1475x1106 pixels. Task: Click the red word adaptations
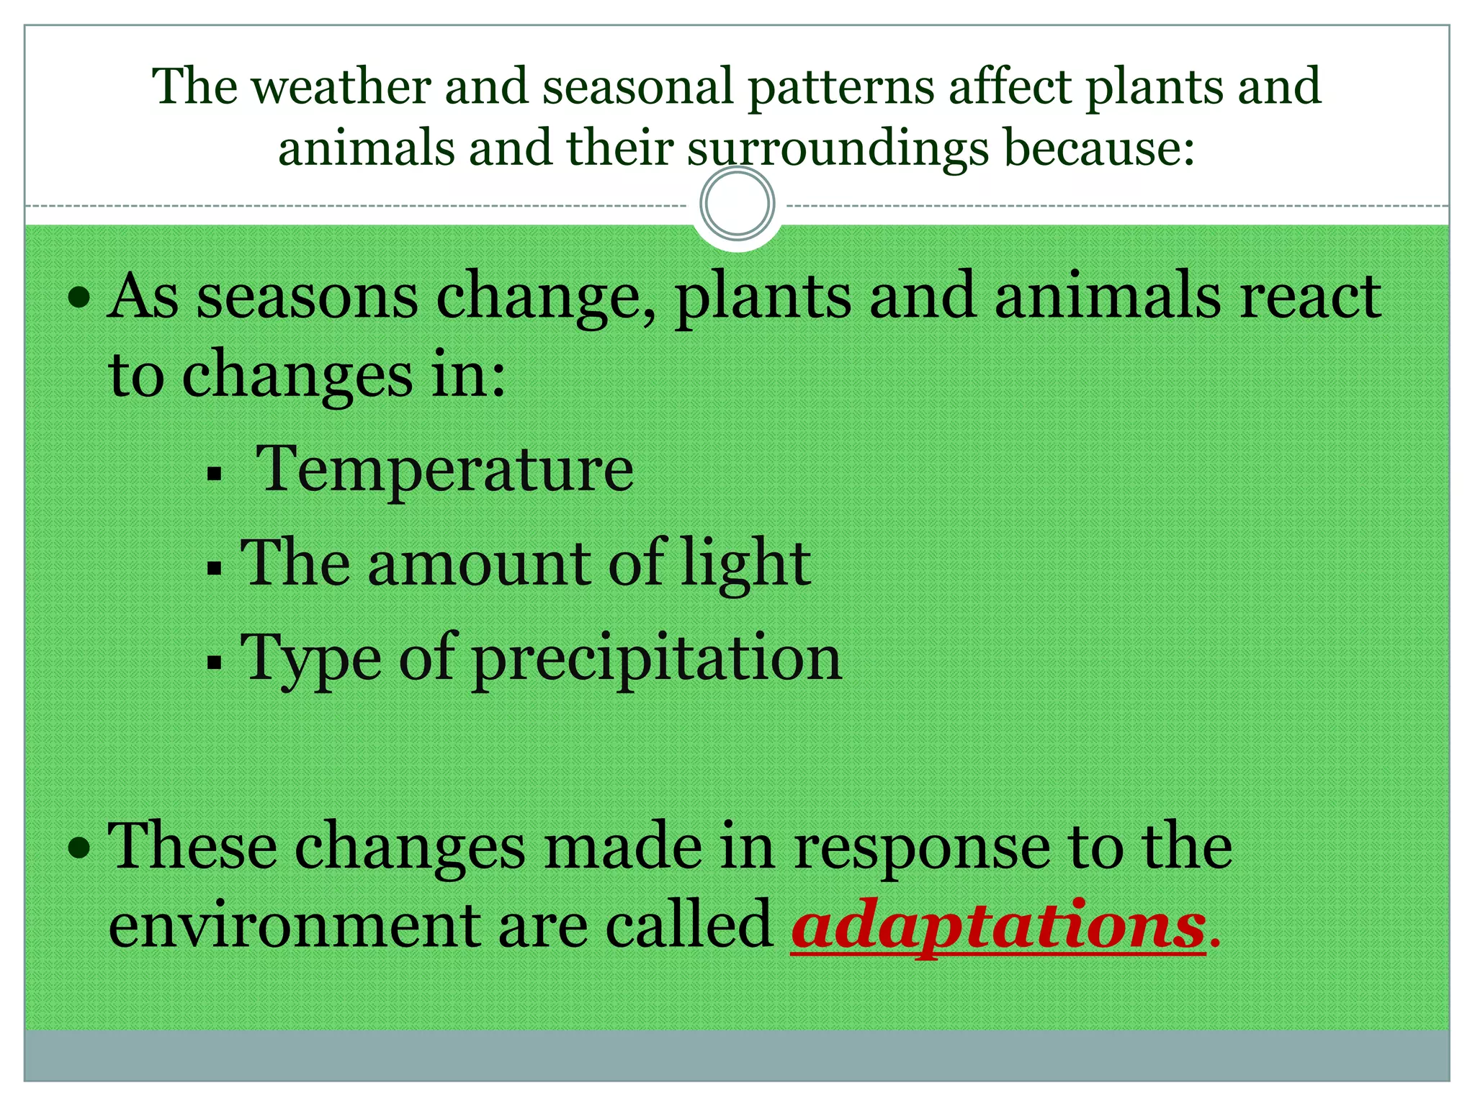pos(998,925)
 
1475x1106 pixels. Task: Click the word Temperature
pos(445,469)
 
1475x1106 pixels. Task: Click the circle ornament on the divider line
pos(737,203)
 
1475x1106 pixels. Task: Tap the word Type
pos(311,659)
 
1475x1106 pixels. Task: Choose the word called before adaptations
pos(689,925)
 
